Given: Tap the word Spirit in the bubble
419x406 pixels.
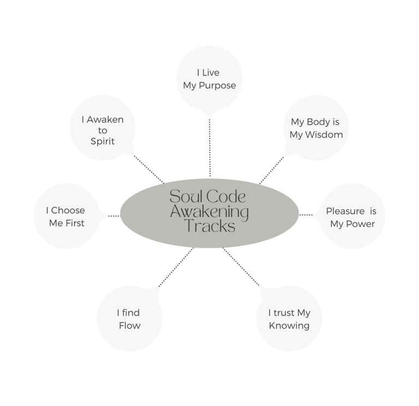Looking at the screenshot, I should [103, 141].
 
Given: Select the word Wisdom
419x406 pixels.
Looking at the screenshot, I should [324, 135].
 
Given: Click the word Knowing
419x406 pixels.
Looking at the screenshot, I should [289, 326].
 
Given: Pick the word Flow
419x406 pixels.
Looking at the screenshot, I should [130, 326].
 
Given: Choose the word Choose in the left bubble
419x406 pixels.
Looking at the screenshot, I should [68, 210].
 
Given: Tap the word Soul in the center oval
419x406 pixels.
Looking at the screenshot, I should [184, 197].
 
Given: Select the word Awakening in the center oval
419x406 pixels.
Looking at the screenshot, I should [209, 212].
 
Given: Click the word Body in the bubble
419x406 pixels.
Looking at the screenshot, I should [318, 122].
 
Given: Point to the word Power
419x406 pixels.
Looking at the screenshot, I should [360, 224].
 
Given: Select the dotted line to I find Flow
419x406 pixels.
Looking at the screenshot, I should [176, 267].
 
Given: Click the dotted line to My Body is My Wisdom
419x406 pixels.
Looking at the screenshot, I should [272, 169].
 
